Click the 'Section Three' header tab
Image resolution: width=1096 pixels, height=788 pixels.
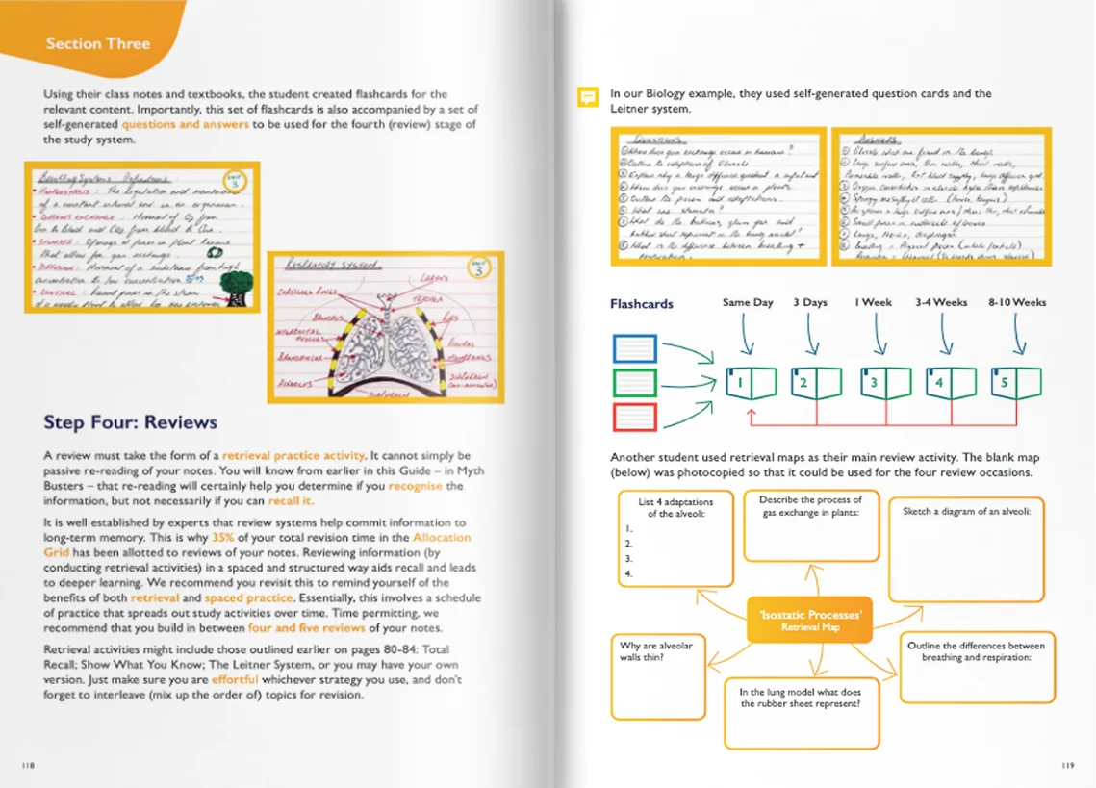(x=98, y=43)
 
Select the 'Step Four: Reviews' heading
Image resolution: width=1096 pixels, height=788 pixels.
(x=131, y=421)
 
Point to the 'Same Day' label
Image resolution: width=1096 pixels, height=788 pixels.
(x=748, y=302)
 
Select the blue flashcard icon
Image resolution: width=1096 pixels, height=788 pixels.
(x=634, y=348)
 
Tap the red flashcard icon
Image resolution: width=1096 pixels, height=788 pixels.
(x=634, y=417)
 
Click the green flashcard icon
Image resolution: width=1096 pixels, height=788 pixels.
(x=634, y=383)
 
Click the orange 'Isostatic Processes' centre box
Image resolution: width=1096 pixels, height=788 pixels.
(x=809, y=620)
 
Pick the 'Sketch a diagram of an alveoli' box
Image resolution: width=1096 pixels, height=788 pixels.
(x=965, y=549)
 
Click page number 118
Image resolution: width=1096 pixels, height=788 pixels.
(x=28, y=765)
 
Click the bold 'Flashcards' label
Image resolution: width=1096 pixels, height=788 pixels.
(x=642, y=304)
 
